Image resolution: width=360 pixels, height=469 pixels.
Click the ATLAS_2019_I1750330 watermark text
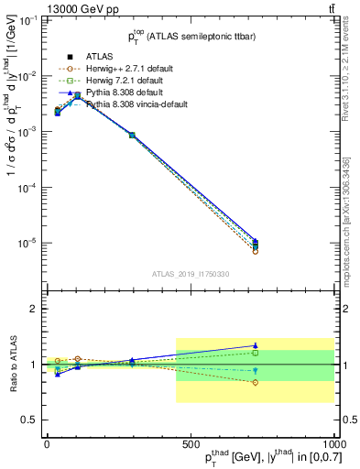190,273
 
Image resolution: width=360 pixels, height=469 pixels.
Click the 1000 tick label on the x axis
333,442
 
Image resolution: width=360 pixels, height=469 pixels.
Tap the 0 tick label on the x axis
47,442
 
